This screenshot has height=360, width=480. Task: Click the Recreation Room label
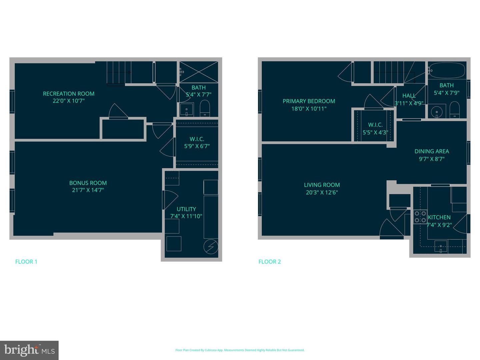click(69, 94)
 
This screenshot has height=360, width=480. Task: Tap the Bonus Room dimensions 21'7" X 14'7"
click(88, 190)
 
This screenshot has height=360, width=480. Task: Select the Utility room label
click(186, 209)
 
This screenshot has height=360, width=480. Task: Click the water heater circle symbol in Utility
click(211, 247)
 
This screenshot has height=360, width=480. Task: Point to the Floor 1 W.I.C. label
click(197, 139)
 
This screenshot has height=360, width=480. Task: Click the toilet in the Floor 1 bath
click(205, 108)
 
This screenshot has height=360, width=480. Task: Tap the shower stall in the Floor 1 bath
click(199, 72)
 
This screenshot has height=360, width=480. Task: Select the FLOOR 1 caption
click(26, 262)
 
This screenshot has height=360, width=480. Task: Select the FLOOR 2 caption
click(270, 262)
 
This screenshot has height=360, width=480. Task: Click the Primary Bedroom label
click(309, 101)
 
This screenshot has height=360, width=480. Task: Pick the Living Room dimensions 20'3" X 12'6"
click(322, 192)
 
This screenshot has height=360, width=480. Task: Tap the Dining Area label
click(432, 151)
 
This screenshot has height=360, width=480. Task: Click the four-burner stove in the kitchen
click(420, 217)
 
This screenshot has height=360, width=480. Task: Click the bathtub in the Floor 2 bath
click(447, 70)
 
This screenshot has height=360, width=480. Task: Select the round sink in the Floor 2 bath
click(435, 111)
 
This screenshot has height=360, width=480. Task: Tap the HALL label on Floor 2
click(409, 96)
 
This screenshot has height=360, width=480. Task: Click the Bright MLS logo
click(29, 350)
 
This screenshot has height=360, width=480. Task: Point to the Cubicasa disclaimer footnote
click(240, 350)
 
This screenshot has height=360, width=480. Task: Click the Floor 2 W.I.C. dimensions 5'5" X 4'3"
click(375, 132)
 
